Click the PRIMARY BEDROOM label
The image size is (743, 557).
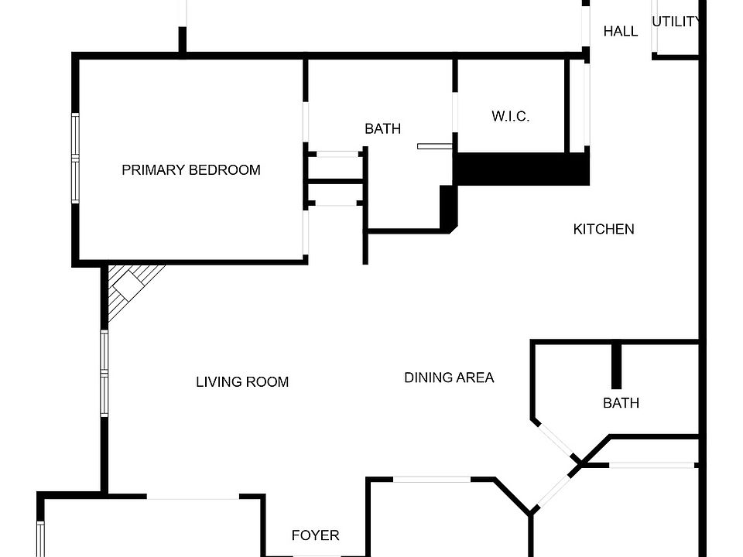(191, 170)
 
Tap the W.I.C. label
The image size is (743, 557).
(511, 117)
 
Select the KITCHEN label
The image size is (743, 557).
(604, 229)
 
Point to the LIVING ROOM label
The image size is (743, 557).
(242, 382)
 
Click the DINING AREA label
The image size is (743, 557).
(449, 378)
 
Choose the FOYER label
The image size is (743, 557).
(315, 535)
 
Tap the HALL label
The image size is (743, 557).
(621, 32)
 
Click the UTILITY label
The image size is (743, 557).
(676, 22)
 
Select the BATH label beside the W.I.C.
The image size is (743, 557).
(383, 129)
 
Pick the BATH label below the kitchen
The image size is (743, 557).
(621, 403)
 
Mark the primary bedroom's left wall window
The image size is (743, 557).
(76, 159)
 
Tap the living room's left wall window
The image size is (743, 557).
(104, 374)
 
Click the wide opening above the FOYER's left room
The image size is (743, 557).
(193, 499)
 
